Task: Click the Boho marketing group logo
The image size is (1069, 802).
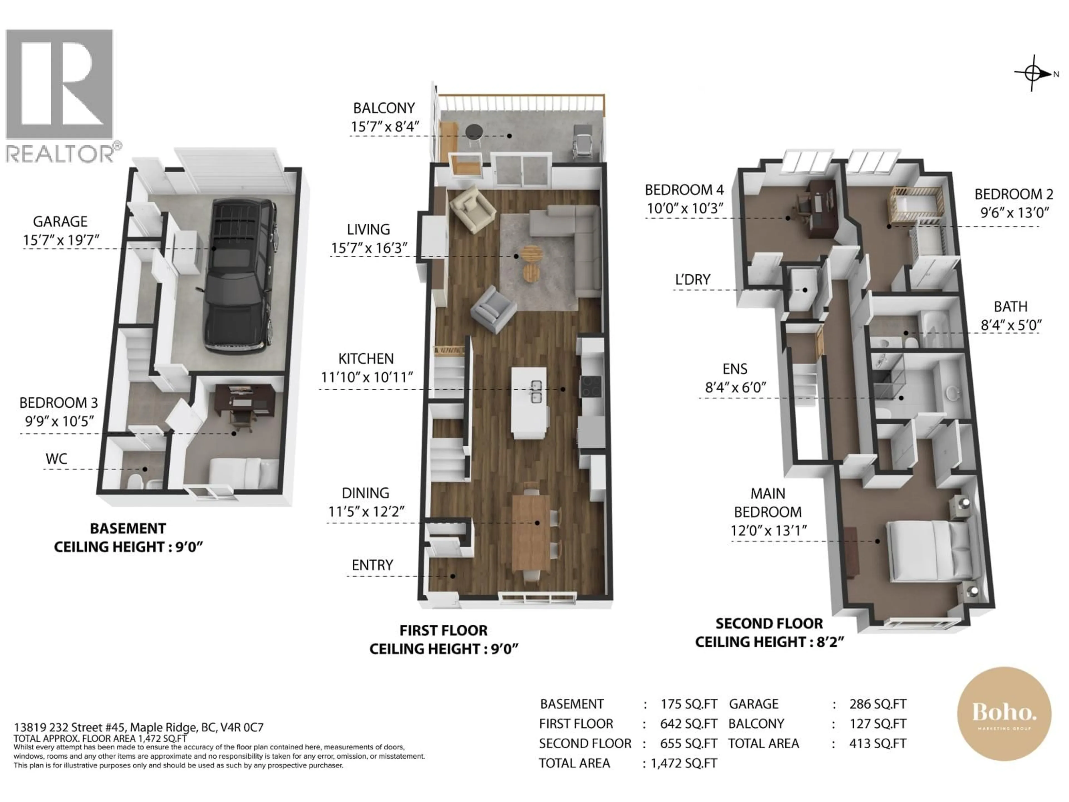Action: pos(1004,714)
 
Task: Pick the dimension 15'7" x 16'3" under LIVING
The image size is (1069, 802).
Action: pos(369,248)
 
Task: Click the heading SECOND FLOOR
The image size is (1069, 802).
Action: pos(769,623)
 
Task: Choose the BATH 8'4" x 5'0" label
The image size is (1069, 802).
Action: pos(1011,316)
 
